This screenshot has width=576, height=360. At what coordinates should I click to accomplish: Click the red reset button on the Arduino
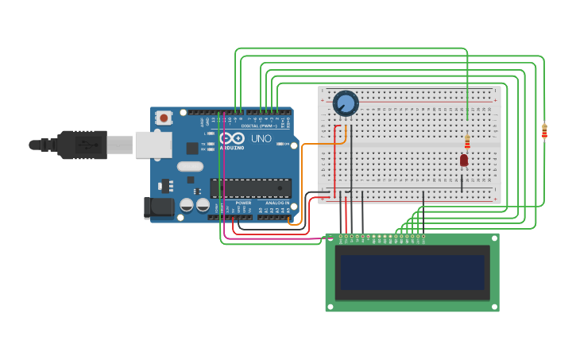pos(164,118)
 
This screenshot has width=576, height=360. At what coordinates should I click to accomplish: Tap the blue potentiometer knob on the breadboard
pos(346,103)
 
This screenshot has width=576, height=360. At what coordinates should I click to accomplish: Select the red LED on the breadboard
pos(464,161)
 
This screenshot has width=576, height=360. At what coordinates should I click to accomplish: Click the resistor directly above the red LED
pos(467,141)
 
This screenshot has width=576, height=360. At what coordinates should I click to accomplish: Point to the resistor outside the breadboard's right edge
pos(544,131)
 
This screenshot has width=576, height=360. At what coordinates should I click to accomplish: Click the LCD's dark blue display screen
pos(412,273)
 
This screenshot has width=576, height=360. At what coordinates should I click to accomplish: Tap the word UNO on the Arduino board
pos(261,138)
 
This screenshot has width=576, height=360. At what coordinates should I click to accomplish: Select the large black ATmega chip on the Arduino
pos(249,188)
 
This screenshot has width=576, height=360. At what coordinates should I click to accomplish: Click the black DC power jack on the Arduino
pos(159,207)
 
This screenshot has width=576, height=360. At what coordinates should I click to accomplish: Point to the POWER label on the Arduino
pos(243,203)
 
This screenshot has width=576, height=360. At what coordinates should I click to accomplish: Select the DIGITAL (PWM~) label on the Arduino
pos(258,126)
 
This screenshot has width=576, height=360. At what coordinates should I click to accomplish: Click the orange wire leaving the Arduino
pos(303,183)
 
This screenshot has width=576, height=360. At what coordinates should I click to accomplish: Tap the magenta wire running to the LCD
pos(226,183)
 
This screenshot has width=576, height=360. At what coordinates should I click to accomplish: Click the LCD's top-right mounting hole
pos(494,238)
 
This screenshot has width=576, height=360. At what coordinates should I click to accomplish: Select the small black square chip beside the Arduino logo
pos(192,148)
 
